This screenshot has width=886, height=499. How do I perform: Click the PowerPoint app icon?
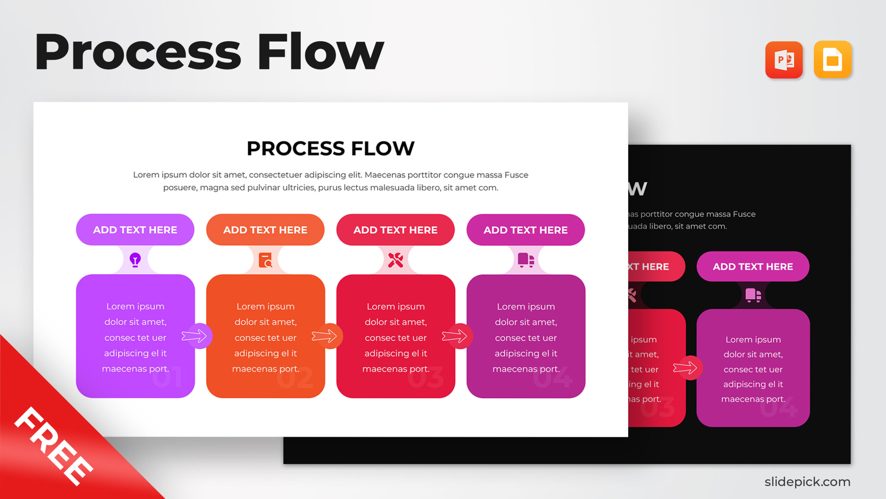(784, 60)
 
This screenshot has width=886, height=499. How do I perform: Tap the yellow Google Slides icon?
(832, 60)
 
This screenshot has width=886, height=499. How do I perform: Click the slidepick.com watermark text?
(807, 482)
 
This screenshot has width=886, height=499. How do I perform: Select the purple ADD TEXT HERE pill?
(135, 230)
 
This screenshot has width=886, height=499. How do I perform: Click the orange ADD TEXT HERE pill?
(265, 230)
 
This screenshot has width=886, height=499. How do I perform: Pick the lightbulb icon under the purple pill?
(135, 260)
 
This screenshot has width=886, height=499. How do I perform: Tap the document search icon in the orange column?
(265, 260)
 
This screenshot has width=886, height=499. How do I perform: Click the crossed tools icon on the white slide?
(395, 260)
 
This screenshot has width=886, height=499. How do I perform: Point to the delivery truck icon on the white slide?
(526, 260)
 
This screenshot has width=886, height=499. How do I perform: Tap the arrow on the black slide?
(686, 368)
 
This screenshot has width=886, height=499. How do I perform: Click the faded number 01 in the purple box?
(167, 377)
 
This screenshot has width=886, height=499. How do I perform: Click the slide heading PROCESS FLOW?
(331, 148)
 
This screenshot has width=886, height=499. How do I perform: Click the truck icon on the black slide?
(753, 295)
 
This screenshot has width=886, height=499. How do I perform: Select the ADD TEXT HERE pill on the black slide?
(753, 266)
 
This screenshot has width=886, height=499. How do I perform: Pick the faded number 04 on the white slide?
(552, 377)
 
